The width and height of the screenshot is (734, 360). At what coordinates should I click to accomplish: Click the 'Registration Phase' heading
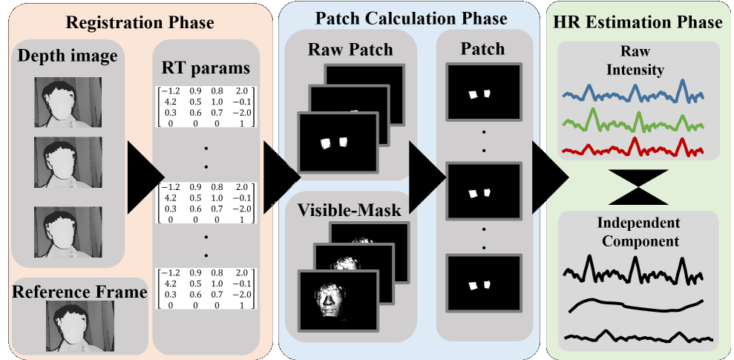click(x=140, y=22)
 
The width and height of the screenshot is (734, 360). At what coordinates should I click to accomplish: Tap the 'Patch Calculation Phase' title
click(x=411, y=18)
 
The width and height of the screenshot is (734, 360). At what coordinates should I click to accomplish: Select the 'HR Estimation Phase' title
click(x=638, y=22)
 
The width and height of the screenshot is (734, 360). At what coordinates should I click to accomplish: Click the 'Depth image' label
click(x=68, y=56)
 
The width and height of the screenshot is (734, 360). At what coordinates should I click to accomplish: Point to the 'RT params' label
click(x=206, y=68)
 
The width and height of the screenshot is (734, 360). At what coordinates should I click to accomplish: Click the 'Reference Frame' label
click(x=79, y=292)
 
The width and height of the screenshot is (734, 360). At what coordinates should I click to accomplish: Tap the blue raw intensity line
click(x=633, y=94)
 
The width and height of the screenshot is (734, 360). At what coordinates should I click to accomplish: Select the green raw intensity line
click(x=633, y=121)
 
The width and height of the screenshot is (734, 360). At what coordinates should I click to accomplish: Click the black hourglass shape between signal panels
click(x=638, y=184)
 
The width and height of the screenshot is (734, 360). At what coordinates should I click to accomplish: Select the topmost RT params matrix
click(x=203, y=107)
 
